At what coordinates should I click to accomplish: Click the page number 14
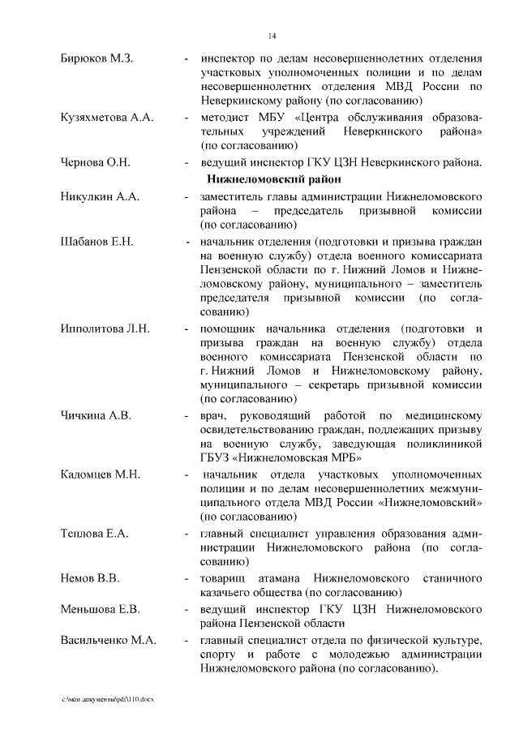(x=272, y=36)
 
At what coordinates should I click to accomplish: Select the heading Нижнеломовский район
(x=273, y=178)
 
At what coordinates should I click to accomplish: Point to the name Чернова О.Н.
(x=96, y=161)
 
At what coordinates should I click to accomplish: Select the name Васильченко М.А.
(x=108, y=639)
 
